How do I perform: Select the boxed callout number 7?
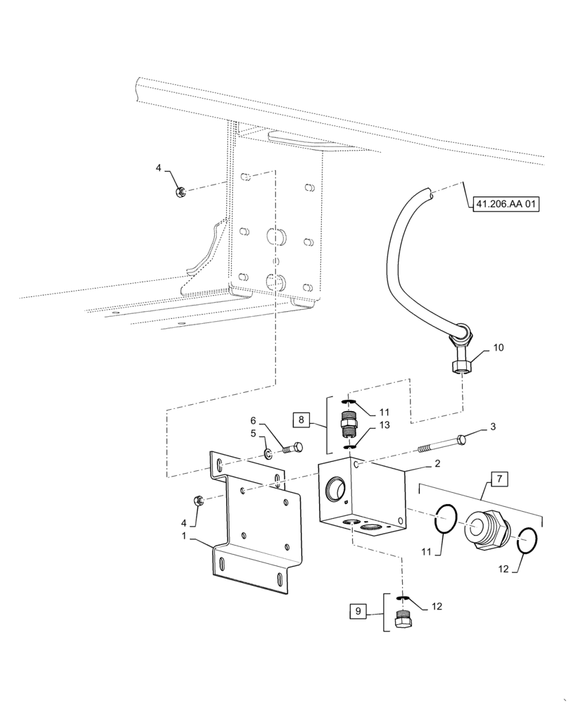click(x=498, y=480)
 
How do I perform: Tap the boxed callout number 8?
click(x=302, y=420)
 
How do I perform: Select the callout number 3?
click(x=494, y=427)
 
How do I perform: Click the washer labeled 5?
click(x=269, y=453)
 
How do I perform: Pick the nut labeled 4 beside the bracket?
click(x=199, y=501)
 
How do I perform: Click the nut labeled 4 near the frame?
click(x=180, y=190)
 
